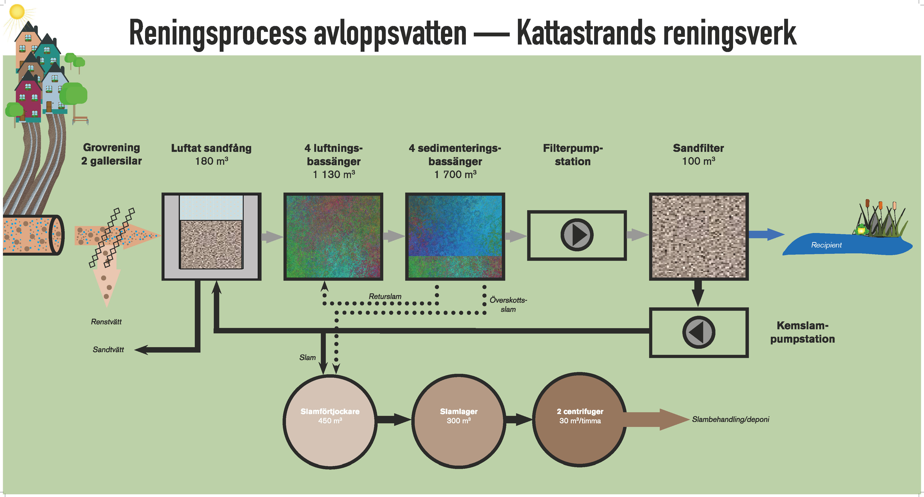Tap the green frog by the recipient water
pos(861,229)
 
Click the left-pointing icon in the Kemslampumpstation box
pos(698,332)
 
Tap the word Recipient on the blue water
pos(826,245)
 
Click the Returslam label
pos(385,296)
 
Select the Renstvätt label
pos(106,322)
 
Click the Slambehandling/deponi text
pos(730,419)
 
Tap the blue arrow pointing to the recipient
pos(766,234)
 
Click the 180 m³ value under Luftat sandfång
pos(211,161)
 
